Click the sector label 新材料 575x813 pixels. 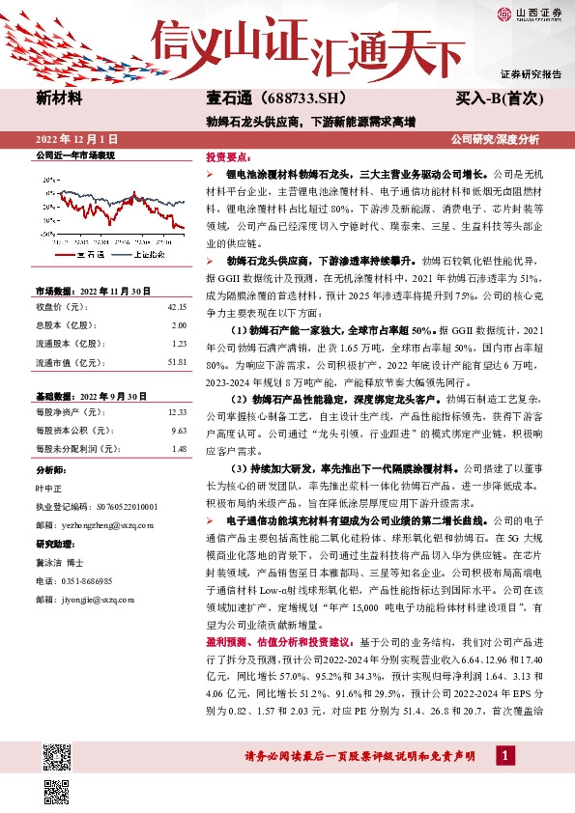[59, 98]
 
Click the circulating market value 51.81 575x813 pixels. [177, 361]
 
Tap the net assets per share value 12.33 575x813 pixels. [177, 411]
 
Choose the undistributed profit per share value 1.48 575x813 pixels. [179, 448]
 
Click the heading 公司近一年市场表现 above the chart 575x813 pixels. [74, 155]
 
